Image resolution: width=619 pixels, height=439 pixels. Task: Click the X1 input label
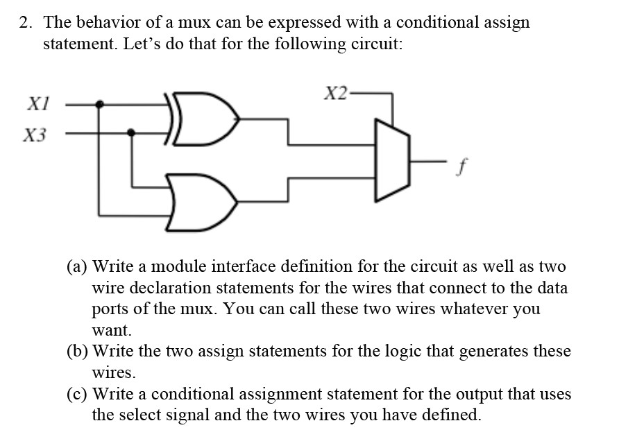[35, 104]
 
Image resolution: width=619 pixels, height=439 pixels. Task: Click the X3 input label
[35, 135]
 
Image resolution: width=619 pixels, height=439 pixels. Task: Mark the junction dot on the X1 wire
[101, 105]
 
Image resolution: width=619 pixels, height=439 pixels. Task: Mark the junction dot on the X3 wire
[133, 131]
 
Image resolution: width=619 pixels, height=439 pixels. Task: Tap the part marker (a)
[77, 266]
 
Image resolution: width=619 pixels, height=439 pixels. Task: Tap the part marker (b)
[78, 352]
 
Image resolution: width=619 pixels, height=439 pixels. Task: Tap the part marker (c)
[77, 395]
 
